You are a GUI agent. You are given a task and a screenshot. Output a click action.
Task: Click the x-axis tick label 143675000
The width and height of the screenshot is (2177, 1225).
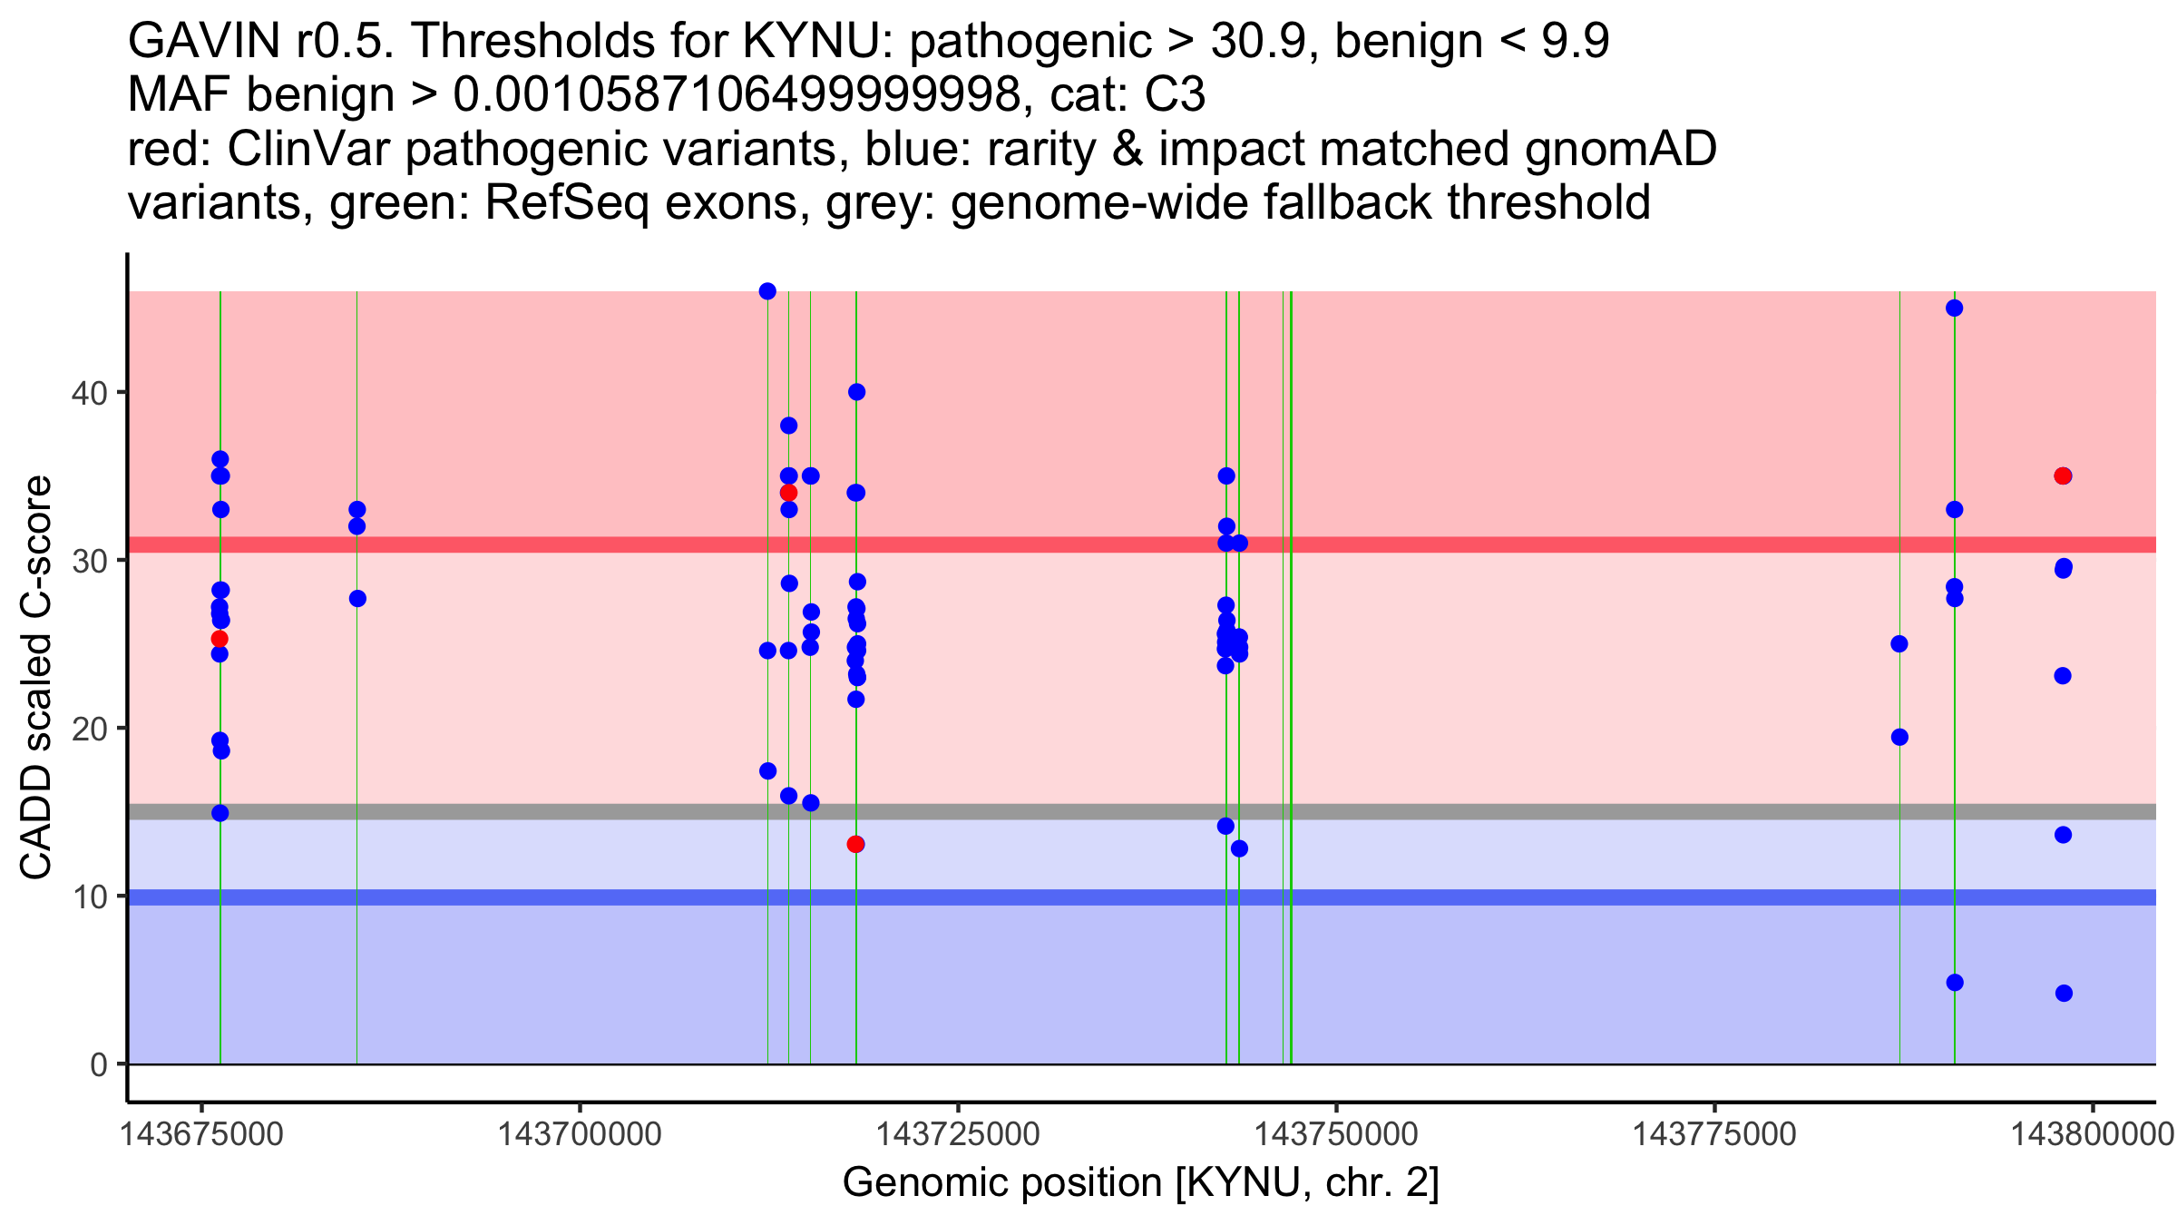coord(201,1134)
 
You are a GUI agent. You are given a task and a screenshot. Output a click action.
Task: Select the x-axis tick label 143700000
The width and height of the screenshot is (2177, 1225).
coord(580,1134)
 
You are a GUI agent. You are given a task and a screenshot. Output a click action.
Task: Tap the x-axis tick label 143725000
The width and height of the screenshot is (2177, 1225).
coord(958,1134)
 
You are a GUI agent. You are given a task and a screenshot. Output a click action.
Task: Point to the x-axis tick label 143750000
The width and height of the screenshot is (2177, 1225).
coord(1336,1134)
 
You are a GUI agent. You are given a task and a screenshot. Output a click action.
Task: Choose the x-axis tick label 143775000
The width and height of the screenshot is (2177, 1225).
coord(1714,1134)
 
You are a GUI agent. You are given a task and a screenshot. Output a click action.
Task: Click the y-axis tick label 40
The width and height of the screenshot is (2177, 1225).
coord(90,393)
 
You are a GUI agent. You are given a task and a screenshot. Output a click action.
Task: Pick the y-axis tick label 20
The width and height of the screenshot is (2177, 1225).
coord(90,729)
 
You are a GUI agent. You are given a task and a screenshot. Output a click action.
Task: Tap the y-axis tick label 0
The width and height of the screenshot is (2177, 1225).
coord(99,1064)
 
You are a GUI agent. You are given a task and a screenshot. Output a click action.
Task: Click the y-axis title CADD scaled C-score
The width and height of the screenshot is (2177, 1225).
coord(36,677)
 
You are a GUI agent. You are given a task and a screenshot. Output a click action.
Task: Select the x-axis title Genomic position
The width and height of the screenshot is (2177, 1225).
coord(1002,1183)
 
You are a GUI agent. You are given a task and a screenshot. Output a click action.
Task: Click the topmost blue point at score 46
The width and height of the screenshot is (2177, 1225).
coord(767,291)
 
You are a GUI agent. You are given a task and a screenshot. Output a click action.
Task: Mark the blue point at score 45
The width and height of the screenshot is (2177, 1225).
coord(1955,309)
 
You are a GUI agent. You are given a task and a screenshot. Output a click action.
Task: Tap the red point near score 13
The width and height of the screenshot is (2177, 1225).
coord(855,845)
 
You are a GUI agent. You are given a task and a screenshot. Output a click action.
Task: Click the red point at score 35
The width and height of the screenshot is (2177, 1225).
coord(2063,476)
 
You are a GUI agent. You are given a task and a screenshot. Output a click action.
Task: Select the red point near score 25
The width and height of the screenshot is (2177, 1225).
coord(220,639)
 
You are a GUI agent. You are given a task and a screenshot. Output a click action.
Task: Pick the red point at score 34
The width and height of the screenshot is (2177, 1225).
coord(788,493)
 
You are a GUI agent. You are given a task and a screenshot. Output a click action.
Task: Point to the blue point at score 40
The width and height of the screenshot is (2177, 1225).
coord(856,392)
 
